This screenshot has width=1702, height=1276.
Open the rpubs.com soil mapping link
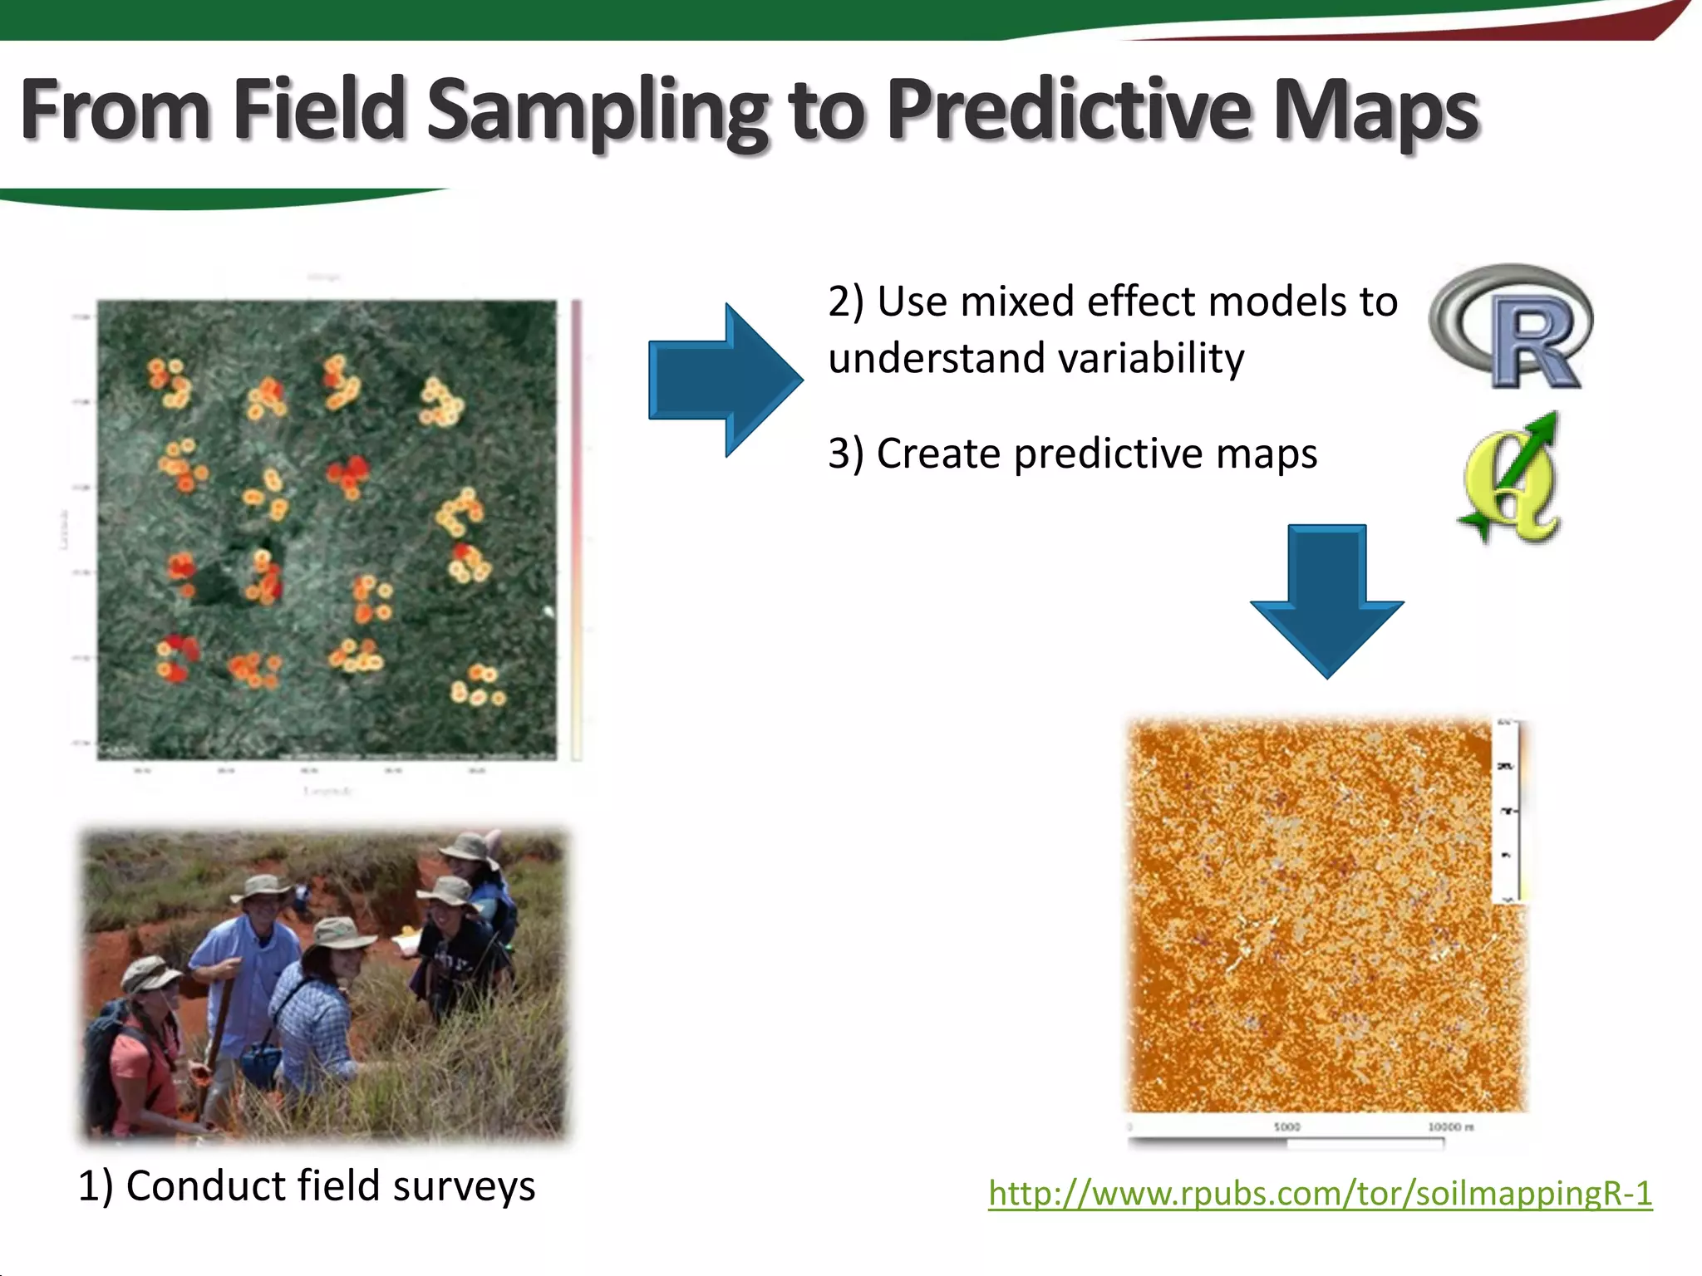(1320, 1194)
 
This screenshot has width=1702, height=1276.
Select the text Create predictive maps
(1072, 454)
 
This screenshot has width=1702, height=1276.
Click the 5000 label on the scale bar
(1286, 1127)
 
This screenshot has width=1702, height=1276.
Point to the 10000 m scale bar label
(1450, 1127)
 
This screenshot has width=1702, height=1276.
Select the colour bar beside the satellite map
(577, 532)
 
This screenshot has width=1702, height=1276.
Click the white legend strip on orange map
(1508, 810)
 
